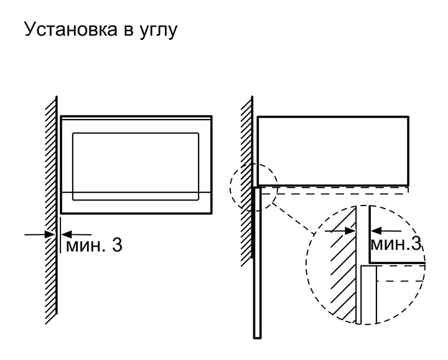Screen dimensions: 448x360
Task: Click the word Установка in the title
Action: pos(71,29)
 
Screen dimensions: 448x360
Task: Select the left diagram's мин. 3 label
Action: pos(94,245)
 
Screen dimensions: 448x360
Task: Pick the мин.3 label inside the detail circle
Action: pos(396,244)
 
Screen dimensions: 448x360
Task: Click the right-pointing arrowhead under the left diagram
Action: pos(50,234)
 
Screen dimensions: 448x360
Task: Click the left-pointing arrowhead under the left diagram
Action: pos(67,234)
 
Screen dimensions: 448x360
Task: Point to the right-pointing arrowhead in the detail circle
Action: pos(350,230)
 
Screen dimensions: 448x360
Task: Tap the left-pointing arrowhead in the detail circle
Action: pos(376,230)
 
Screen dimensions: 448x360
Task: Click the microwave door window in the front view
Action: pos(136,166)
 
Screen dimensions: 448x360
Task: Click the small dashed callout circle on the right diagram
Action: pos(230,187)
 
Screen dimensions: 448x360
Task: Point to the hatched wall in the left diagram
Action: pos(52,210)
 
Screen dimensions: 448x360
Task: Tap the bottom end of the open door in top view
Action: pos(257,338)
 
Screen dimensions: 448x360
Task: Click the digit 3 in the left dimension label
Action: pos(117,245)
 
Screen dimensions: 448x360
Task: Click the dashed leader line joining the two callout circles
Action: pos(293,218)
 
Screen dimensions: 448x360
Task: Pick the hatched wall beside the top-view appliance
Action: pos(246,182)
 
